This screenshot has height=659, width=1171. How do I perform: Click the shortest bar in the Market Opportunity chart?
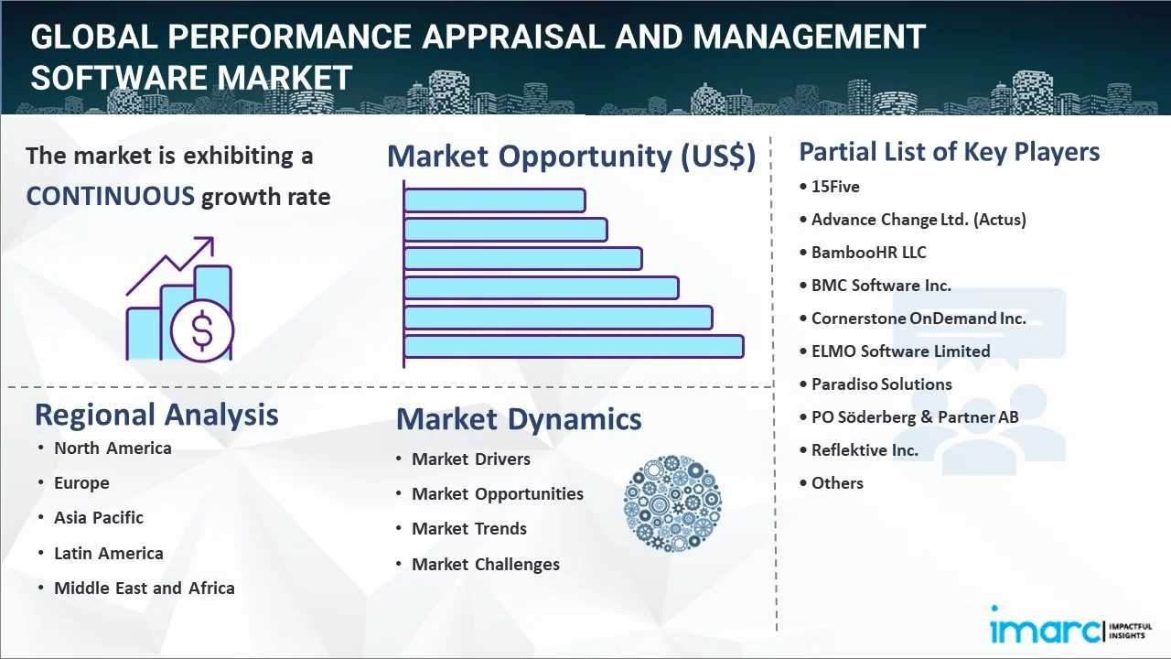point(494,200)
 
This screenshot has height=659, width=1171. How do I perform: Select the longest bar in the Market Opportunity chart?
point(573,346)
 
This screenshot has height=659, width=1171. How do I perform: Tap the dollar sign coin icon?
point(201,332)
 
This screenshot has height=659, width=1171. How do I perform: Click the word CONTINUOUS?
point(110,196)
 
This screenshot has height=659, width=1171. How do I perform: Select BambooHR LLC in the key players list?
point(868,253)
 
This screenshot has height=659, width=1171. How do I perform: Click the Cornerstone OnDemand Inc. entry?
point(918,319)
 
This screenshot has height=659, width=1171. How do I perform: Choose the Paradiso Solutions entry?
point(881,384)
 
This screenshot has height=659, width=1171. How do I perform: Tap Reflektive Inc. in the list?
point(865,450)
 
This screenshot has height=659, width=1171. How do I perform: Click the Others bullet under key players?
point(837,483)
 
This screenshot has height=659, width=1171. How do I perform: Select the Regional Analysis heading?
point(156,415)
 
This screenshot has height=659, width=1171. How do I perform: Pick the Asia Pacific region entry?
point(99,518)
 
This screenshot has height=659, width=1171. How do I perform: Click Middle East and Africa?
point(144,589)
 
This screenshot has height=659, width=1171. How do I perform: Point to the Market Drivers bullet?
point(470,459)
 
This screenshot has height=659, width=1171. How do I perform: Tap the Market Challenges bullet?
point(485,565)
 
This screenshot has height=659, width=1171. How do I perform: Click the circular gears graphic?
point(672,502)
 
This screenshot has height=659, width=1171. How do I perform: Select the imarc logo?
point(1043,629)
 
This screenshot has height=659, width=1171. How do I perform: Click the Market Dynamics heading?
point(519,419)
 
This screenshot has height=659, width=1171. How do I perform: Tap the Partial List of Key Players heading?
point(949,152)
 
